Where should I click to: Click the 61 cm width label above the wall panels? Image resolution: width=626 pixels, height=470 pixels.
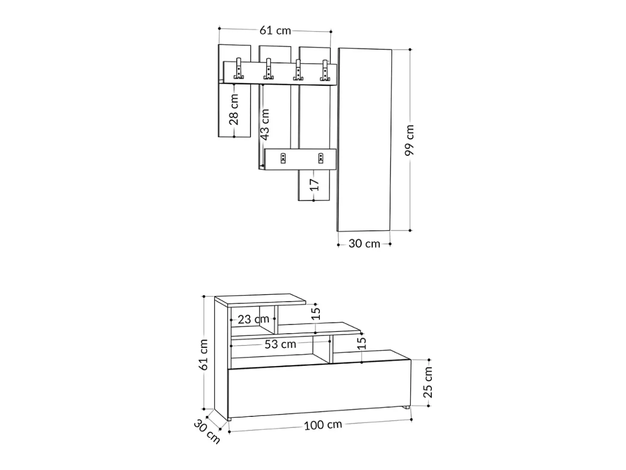point(275,30)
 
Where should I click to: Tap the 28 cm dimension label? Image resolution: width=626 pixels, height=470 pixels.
point(234,109)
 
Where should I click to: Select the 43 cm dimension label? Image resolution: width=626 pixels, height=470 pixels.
point(265,125)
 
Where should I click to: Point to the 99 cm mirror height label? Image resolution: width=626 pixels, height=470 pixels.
point(409,140)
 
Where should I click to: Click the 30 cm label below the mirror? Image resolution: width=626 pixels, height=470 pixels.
point(364,244)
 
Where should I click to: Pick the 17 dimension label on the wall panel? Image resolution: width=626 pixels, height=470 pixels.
point(314,185)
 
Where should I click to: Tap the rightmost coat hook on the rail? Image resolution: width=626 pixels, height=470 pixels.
point(325,70)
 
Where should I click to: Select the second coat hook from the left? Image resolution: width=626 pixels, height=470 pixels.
point(268,69)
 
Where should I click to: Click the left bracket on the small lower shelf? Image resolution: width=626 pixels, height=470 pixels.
point(283,158)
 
